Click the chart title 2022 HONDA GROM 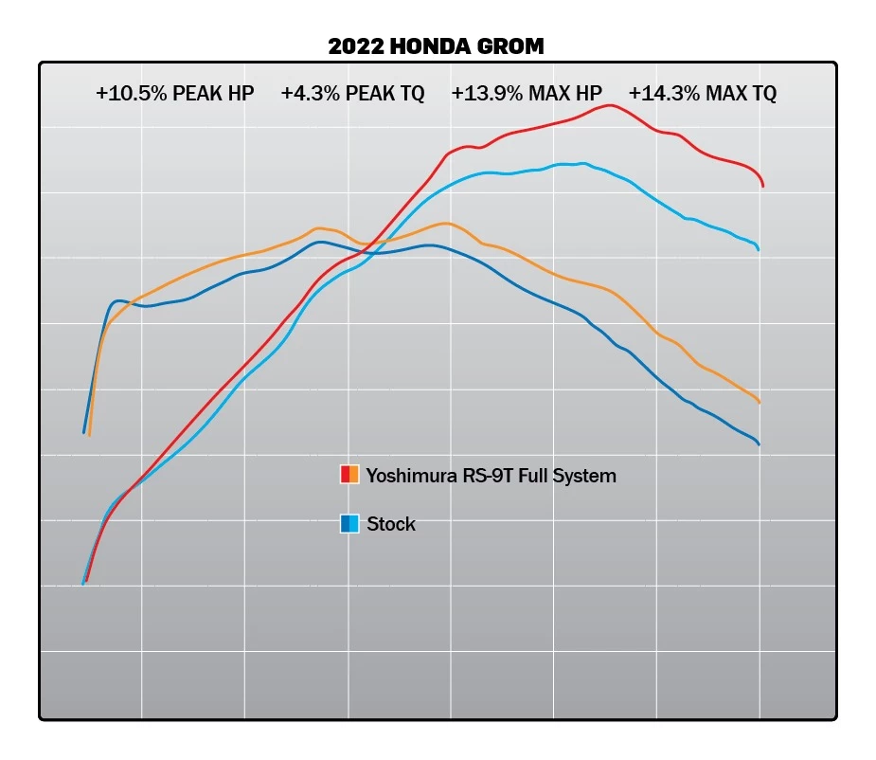[436, 45]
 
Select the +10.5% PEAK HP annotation [174, 94]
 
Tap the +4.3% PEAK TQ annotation [352, 94]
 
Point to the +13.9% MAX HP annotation [527, 94]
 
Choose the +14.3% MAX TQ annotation [702, 94]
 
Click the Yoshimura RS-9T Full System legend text [491, 476]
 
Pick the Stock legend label [391, 524]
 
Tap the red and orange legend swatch [349, 475]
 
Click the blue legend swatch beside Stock [349, 523]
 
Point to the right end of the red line [762, 186]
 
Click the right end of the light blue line [759, 249]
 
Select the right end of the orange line [760, 402]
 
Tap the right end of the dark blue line [759, 443]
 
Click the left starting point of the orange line [89, 434]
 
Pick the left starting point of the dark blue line [84, 431]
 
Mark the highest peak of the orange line [446, 224]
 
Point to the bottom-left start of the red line [86, 580]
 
